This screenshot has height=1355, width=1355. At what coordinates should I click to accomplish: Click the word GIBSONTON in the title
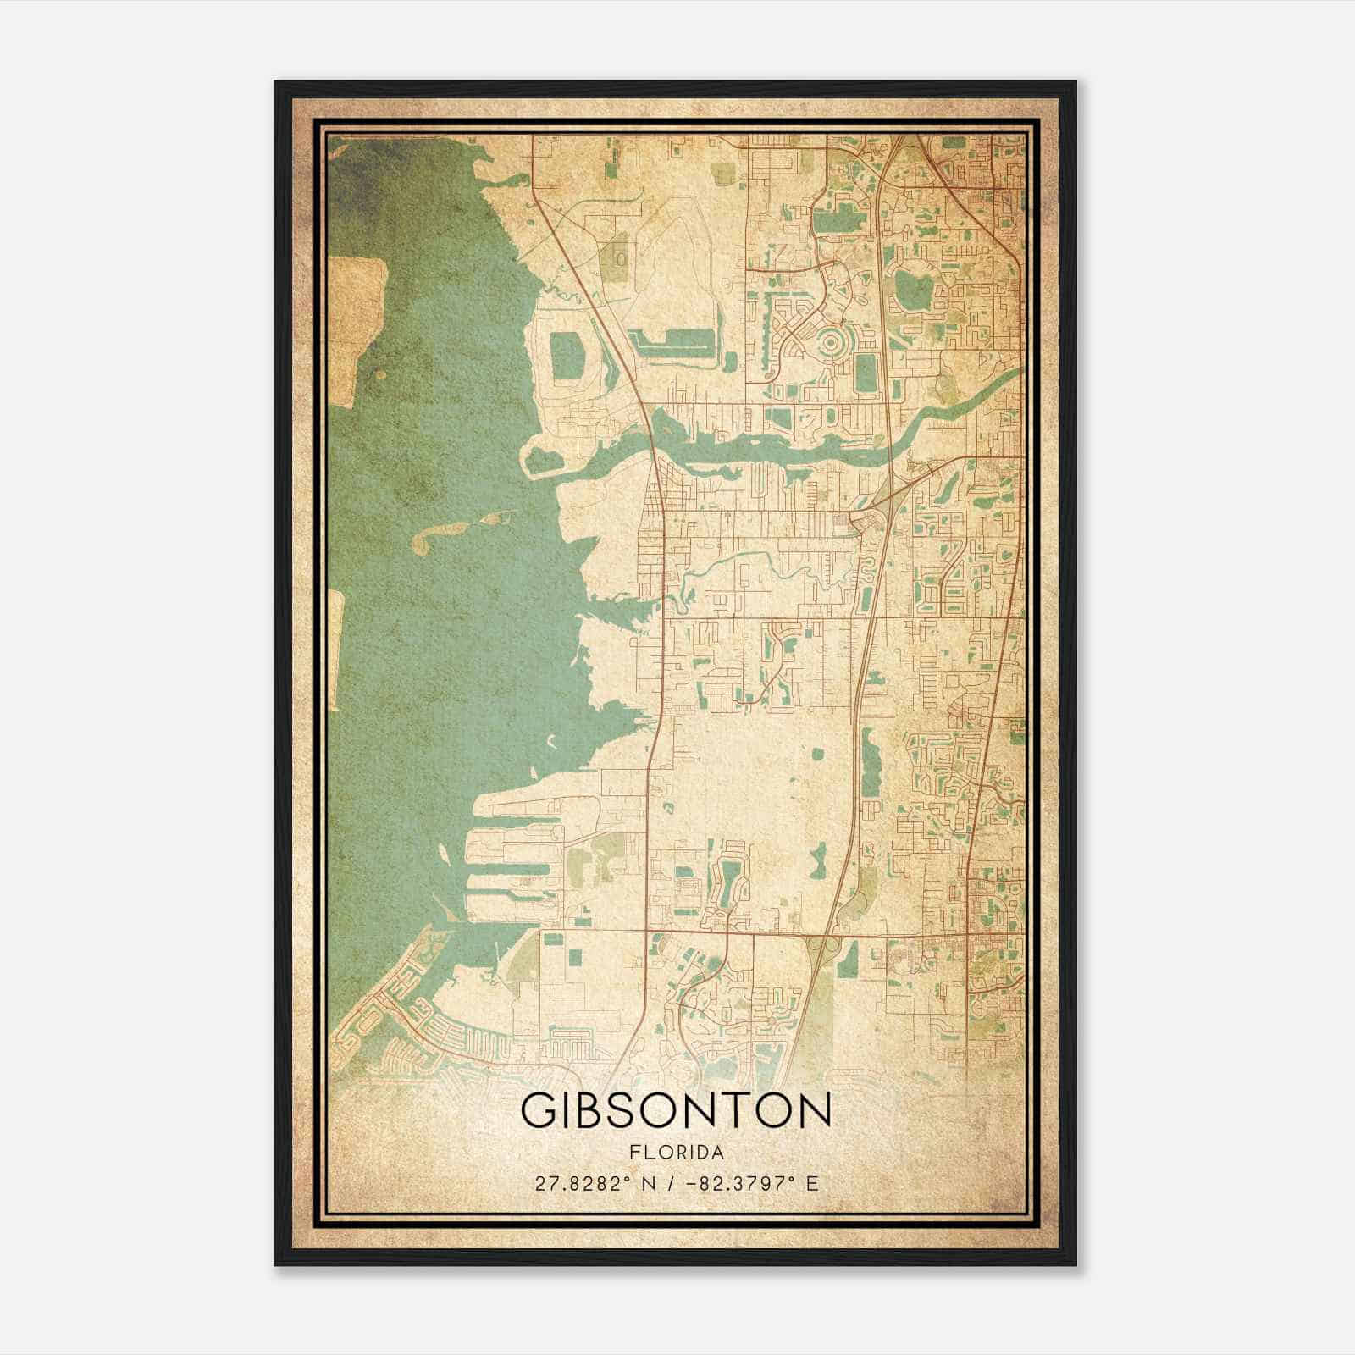[675, 1112]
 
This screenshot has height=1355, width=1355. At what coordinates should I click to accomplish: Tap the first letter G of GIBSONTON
[538, 1112]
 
